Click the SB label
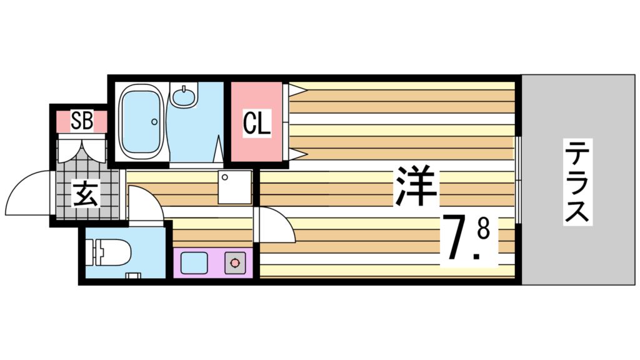pos(82,121)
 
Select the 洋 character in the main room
pos(416,186)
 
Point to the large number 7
pos(457,237)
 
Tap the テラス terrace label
pos(577,182)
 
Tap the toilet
pos(113,254)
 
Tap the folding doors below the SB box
pos(82,150)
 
